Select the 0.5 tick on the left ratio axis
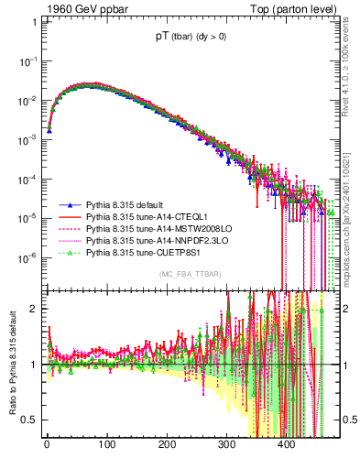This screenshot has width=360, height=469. pos(27,420)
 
